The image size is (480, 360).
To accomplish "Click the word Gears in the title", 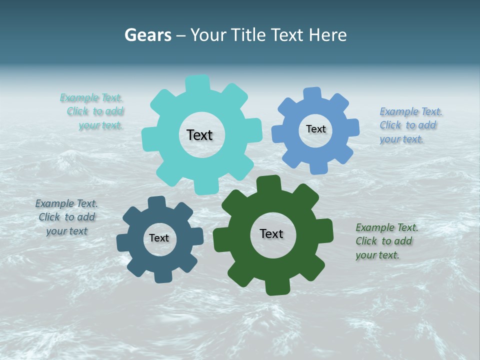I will click(x=147, y=35).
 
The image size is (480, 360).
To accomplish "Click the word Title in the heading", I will click(x=248, y=35).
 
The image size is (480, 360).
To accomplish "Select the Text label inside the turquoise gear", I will click(x=199, y=135).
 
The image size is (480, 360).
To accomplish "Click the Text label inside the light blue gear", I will click(x=315, y=129).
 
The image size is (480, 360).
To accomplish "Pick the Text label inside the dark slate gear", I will click(x=159, y=238).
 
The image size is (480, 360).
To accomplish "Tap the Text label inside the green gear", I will click(x=271, y=233).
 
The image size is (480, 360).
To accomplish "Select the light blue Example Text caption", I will click(x=410, y=125).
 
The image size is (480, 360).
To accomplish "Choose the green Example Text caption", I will click(x=386, y=241).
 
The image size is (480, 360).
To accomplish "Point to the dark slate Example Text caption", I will click(x=66, y=217).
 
